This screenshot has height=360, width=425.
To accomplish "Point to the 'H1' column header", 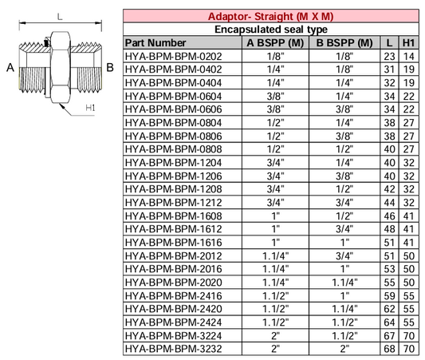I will (x=408, y=42).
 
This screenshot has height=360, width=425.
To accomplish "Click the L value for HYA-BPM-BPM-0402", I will (x=388, y=69).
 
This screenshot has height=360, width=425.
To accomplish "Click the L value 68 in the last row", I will (x=388, y=349).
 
